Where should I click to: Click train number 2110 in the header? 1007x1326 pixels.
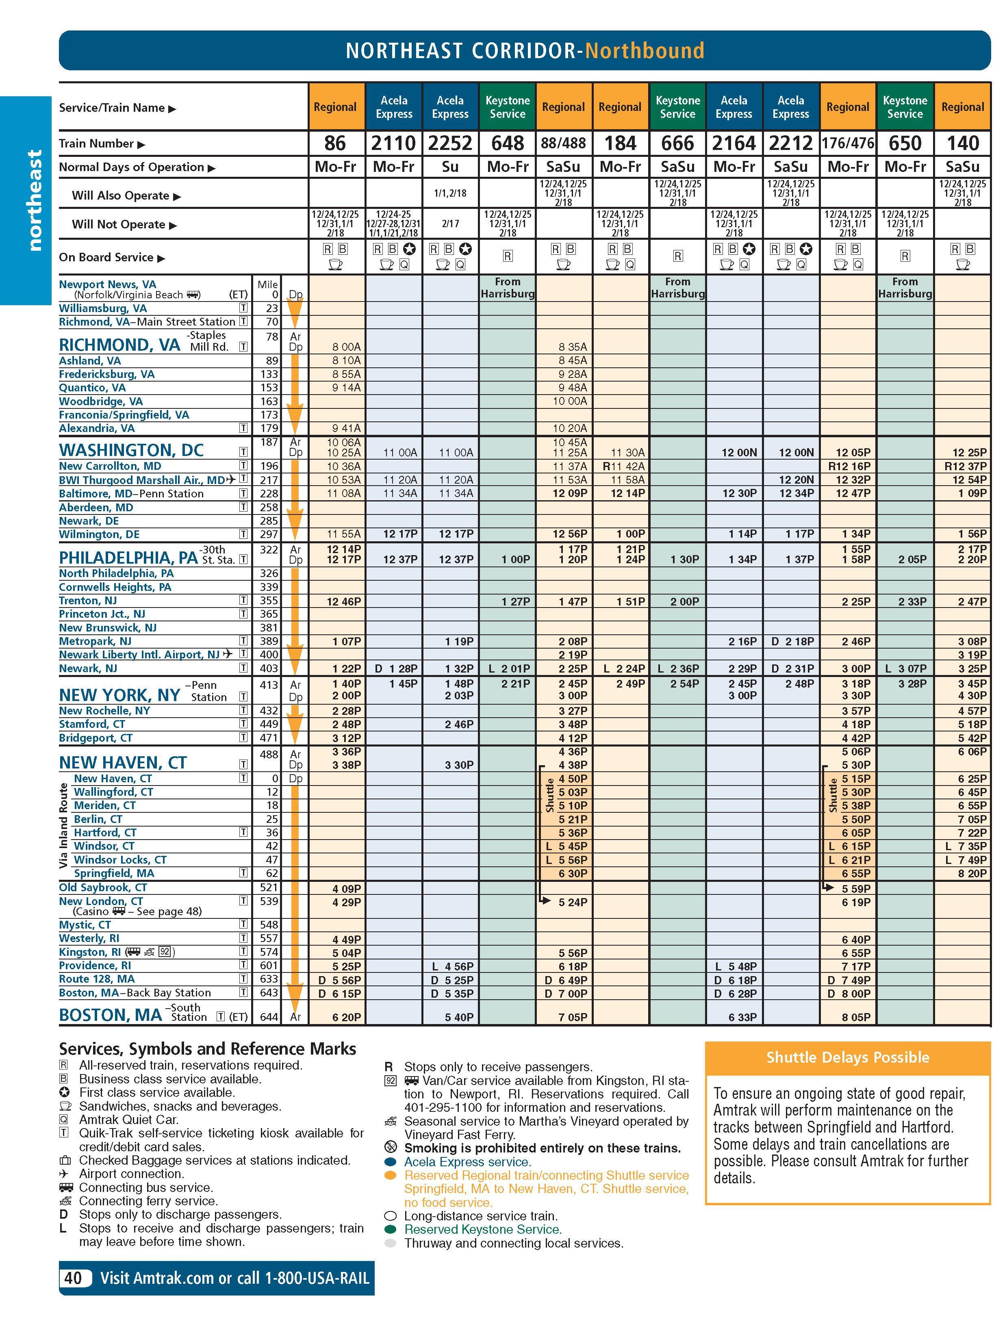[393, 143]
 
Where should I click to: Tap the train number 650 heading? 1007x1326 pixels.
[905, 143]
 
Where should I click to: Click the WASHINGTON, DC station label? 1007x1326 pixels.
[131, 450]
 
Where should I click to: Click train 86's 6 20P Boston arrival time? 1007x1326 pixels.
[347, 1017]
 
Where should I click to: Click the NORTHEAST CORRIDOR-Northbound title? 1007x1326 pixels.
[525, 51]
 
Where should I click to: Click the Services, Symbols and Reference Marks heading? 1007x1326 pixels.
[207, 1048]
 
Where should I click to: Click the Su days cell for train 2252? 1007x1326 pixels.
[450, 167]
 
